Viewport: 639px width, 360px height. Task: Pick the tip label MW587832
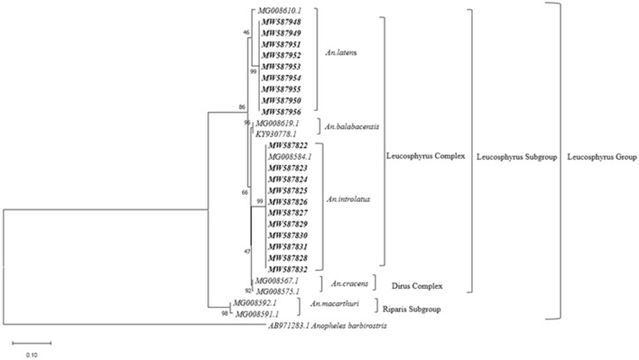click(x=286, y=269)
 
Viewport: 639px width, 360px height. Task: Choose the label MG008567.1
click(x=278, y=281)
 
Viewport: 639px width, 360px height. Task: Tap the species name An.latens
click(x=340, y=54)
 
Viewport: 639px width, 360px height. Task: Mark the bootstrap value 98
click(x=224, y=313)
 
